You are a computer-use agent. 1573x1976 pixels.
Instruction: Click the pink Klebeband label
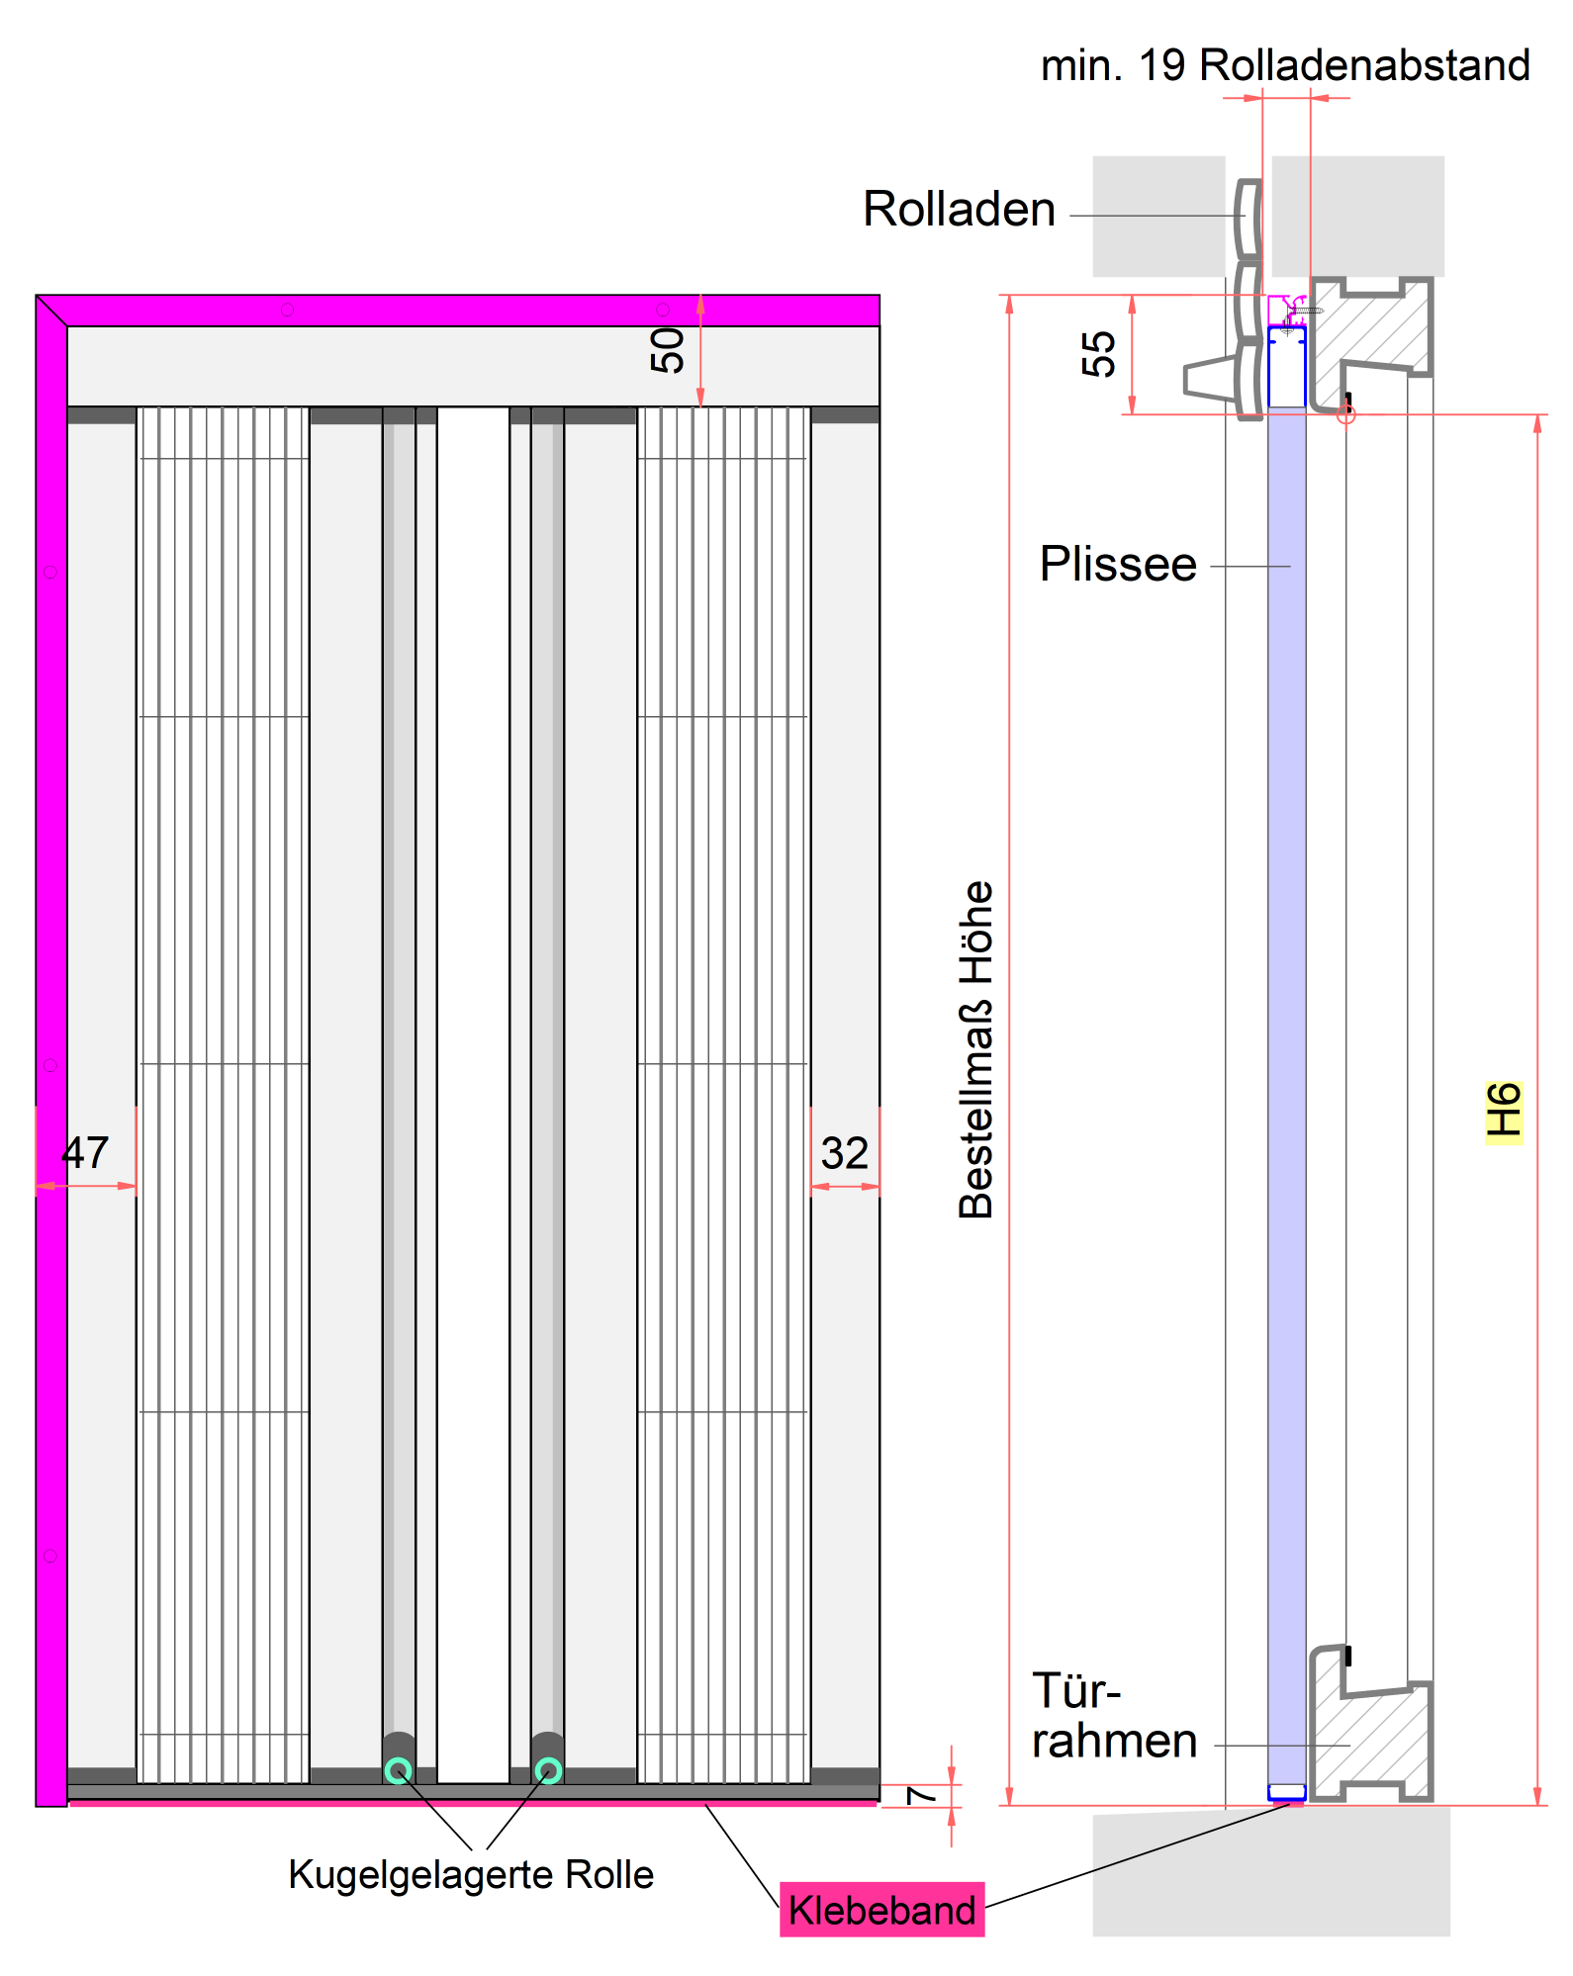point(881,1909)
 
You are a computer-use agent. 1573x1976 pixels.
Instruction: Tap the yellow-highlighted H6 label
point(1503,1111)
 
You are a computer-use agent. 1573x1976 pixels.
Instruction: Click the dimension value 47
point(85,1153)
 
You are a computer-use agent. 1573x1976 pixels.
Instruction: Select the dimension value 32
point(844,1153)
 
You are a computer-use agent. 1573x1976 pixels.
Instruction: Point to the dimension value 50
point(668,350)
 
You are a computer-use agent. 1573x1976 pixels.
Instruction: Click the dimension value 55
point(1098,354)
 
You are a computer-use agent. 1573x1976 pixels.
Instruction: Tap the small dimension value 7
point(921,1794)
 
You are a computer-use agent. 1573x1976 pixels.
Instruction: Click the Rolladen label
point(959,210)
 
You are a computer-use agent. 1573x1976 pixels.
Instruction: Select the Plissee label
point(1118,565)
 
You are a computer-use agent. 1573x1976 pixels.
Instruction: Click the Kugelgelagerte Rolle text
point(471,1875)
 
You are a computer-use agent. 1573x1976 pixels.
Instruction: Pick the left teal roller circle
point(399,1770)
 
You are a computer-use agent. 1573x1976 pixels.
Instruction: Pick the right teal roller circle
point(548,1770)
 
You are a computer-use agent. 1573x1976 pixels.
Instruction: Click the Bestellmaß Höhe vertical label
point(975,1049)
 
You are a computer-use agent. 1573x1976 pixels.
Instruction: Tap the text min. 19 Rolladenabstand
point(1285,65)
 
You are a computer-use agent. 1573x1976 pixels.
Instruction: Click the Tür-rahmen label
point(1113,1717)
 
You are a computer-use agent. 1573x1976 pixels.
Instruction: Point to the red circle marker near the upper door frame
point(1345,414)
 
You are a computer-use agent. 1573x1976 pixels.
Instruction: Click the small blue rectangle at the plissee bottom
point(1286,1791)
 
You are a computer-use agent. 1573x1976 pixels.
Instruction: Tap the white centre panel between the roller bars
point(473,1088)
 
